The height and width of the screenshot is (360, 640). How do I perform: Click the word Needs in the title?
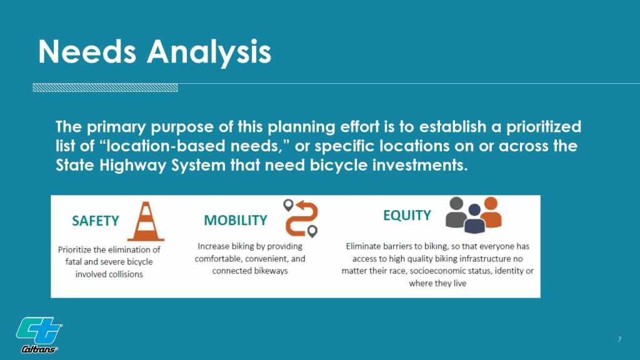click(87, 52)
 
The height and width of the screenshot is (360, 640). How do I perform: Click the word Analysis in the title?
click(209, 53)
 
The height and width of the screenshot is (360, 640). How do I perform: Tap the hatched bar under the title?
click(105, 87)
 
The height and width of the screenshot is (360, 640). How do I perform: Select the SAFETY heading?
click(96, 221)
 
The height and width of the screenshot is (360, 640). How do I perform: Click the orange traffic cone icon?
click(146, 221)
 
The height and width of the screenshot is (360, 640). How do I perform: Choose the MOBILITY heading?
click(236, 221)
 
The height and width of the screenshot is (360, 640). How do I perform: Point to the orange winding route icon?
click(302, 218)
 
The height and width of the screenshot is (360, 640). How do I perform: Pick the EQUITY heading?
click(407, 215)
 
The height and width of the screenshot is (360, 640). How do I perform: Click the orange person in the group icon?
click(491, 212)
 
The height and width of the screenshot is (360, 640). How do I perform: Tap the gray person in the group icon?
click(456, 212)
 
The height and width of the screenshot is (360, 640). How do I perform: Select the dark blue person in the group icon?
click(474, 219)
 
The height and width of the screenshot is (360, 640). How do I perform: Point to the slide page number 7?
click(619, 339)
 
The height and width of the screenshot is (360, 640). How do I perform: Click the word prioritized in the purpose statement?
click(544, 127)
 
